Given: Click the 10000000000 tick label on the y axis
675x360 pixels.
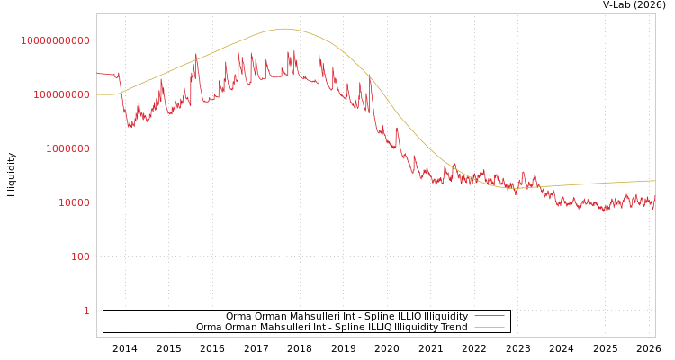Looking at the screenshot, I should (x=56, y=40).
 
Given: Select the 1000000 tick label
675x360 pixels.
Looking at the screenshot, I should (x=67, y=148).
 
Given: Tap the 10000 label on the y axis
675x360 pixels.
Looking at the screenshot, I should (x=74, y=202).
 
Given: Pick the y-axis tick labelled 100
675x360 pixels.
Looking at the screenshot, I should (x=80, y=256).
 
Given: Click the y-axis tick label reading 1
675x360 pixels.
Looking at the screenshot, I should (x=86, y=310).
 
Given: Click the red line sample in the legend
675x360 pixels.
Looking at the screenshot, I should (x=489, y=316).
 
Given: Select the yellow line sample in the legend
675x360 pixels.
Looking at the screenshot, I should (x=489, y=327).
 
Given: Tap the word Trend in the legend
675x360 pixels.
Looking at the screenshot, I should (x=454, y=327).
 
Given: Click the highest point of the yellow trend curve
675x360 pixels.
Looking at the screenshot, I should (x=284, y=29).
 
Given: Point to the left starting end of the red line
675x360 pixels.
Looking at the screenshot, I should (x=97, y=74).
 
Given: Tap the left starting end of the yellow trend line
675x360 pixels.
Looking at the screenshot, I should (x=97, y=94).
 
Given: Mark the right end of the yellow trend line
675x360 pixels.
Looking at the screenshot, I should (x=654, y=181).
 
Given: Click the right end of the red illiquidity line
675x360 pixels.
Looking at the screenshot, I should (x=654, y=205).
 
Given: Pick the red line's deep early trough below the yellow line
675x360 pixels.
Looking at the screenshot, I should (x=130, y=126).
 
